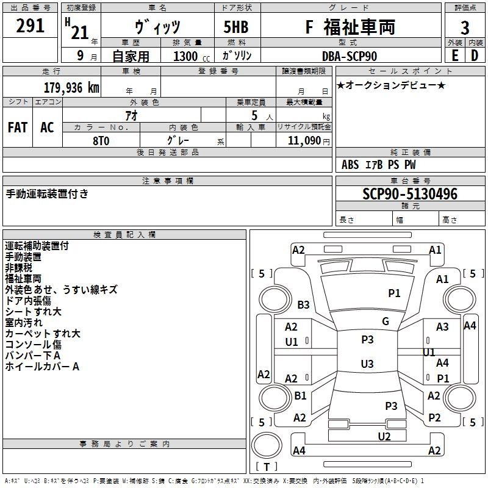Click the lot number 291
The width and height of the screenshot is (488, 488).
30,26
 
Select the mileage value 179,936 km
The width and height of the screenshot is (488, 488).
71,88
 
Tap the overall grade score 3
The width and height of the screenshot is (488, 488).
465,27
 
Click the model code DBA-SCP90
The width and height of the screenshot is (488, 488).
350,56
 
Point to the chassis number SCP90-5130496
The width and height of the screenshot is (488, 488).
410,194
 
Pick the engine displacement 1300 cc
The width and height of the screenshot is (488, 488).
192,56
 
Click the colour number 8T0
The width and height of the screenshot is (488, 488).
101,141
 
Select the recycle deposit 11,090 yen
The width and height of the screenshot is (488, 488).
309,141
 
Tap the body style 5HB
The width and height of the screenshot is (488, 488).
236,27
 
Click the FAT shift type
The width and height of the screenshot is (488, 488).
18,127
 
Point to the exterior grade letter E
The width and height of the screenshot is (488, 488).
454,56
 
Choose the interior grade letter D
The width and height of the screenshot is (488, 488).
475,56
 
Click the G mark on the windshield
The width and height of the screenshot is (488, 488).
386,321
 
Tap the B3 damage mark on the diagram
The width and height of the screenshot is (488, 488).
303,304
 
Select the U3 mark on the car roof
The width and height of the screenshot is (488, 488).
367,364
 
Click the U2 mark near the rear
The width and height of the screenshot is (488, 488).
384,437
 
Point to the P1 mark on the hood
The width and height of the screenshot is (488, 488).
394,293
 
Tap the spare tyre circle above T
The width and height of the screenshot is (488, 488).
267,445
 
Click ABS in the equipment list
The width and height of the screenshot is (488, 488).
350,165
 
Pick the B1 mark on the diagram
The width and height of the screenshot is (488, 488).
300,396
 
